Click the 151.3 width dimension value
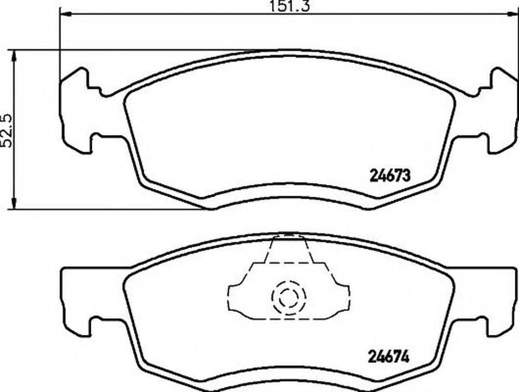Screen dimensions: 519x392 (290, 6)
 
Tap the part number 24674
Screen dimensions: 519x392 (389, 357)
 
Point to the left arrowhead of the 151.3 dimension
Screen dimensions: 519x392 (66, 14)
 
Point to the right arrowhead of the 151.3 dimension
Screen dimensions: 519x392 (512, 14)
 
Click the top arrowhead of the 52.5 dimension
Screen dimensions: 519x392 (13, 56)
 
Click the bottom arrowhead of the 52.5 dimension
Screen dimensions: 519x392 (13, 203)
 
